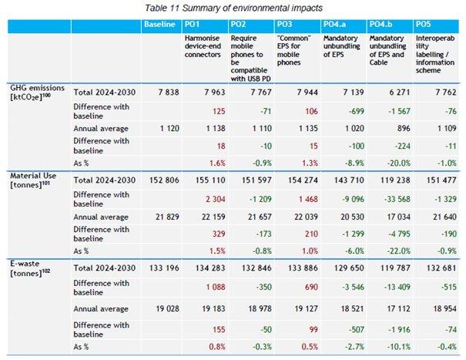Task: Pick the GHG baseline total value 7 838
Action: pyautogui.click(x=165, y=93)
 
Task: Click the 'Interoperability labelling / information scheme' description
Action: pyautogui.click(x=435, y=49)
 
